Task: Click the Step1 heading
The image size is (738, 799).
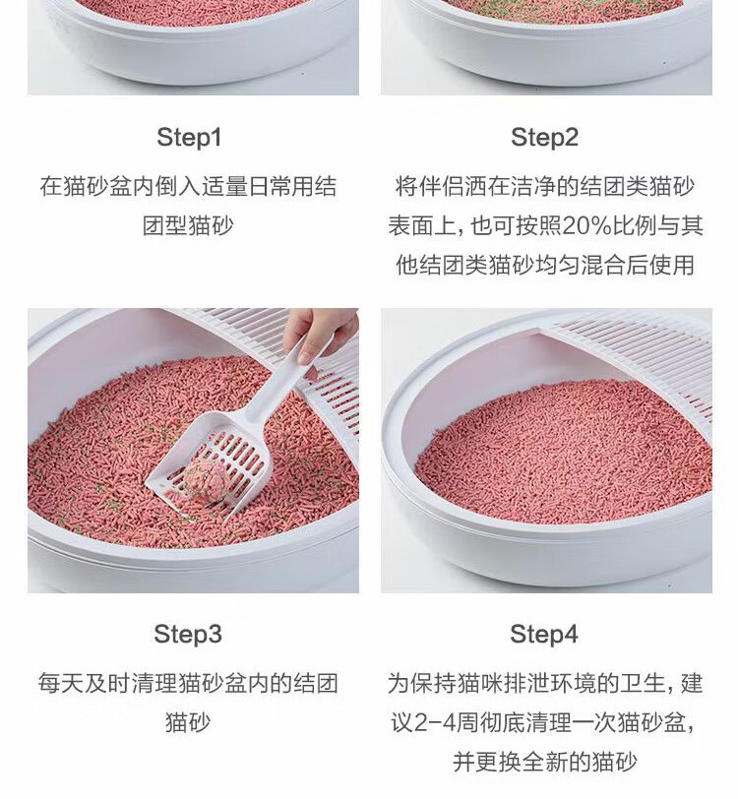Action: (x=189, y=138)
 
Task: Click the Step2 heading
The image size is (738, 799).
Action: (x=544, y=138)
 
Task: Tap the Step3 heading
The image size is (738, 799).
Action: (x=188, y=635)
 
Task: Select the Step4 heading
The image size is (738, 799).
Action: (x=544, y=635)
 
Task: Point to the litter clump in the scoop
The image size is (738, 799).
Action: (x=204, y=481)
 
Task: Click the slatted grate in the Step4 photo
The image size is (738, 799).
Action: (x=637, y=356)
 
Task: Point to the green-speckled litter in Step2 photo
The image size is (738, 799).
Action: (x=561, y=9)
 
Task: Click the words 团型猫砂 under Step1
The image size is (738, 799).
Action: (x=188, y=225)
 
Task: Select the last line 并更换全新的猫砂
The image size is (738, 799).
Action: (x=544, y=763)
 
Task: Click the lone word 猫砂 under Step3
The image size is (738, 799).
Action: (x=188, y=722)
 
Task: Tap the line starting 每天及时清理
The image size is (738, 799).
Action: (x=188, y=683)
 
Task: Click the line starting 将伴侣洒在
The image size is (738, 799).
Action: (x=544, y=187)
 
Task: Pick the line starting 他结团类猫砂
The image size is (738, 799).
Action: (x=544, y=265)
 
